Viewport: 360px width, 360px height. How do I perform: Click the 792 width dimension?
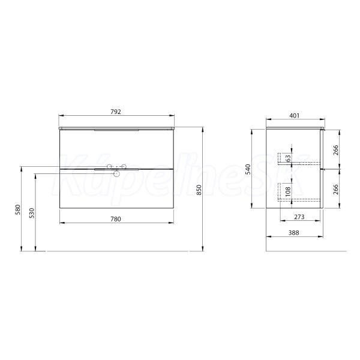coord(116,112)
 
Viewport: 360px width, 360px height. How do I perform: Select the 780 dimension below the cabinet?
coord(116,219)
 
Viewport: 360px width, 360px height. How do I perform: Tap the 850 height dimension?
coord(199,190)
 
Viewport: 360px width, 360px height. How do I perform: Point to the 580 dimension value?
coord(18,209)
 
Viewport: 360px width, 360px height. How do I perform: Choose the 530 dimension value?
coord(32,213)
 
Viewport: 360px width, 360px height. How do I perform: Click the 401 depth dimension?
coord(295,115)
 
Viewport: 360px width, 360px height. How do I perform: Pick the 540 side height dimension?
coord(248,169)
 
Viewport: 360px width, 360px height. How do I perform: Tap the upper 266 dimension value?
coord(336,150)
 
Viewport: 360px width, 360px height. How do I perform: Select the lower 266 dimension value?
coord(336,189)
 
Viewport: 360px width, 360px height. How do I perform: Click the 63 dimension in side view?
coord(288,158)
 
